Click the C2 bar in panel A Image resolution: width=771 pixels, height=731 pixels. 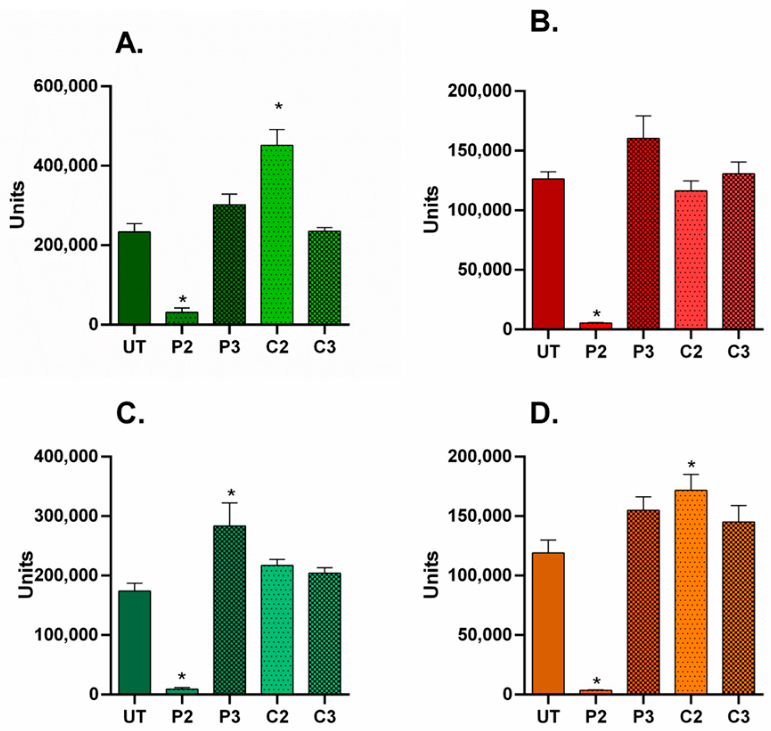[x=277, y=234]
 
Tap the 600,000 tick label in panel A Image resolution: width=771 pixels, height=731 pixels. [x=65, y=86]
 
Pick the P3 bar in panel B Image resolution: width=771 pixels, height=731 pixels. [x=643, y=234]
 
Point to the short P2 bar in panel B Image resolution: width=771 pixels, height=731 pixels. [x=596, y=326]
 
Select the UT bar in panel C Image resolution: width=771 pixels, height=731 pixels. [x=135, y=642]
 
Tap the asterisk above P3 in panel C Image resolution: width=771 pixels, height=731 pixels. [x=231, y=494]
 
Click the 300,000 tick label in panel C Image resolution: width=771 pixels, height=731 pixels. [x=65, y=516]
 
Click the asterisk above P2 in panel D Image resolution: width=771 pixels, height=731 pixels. [x=596, y=681]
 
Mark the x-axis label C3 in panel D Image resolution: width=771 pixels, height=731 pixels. [x=738, y=717]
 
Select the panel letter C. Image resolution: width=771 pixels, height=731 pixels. [x=130, y=414]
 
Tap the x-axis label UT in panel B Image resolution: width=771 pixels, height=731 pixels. [x=548, y=352]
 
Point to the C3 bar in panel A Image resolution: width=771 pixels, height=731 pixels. [x=325, y=277]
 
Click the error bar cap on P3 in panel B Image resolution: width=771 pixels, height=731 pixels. [x=643, y=116]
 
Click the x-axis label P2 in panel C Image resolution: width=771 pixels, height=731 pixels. [x=182, y=717]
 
